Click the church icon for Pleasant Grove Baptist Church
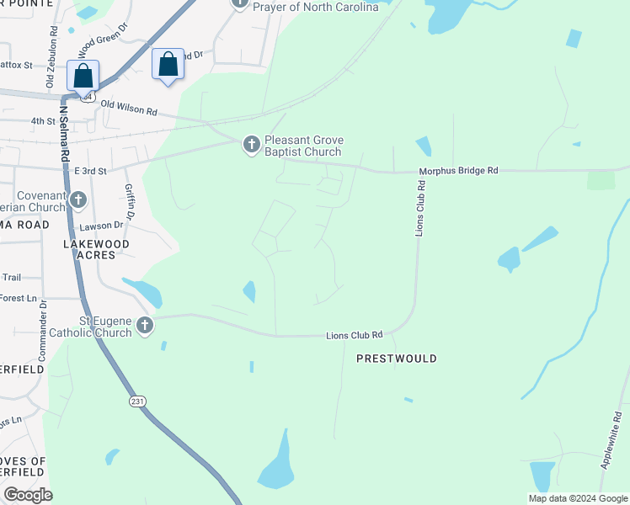point(251,145)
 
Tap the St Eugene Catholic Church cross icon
point(145,326)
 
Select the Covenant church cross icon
point(78,200)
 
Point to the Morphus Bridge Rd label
point(459,171)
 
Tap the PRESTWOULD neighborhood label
point(397,359)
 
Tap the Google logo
point(28,495)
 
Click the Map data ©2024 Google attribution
point(577,498)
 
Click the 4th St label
point(43,121)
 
